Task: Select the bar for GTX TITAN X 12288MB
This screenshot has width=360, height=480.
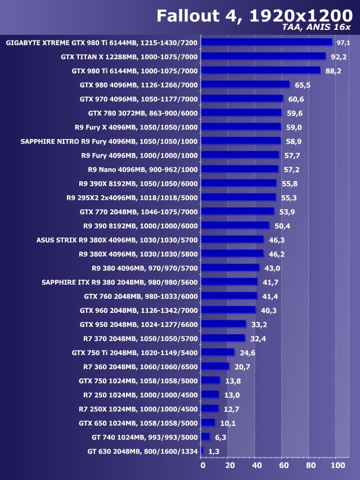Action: (263, 56)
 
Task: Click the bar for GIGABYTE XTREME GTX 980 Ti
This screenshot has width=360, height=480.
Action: (266, 42)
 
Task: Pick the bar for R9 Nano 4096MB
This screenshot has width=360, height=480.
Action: (239, 169)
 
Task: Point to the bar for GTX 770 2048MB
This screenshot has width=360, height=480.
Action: (237, 211)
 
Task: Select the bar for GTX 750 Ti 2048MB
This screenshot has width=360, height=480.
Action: (217, 352)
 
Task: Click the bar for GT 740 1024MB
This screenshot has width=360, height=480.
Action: (205, 437)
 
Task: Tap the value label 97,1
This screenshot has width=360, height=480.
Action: (343, 43)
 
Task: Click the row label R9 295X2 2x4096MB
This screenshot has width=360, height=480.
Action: (132, 198)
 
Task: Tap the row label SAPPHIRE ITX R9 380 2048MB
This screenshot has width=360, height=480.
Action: (120, 282)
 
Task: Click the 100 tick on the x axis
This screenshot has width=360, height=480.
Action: (337, 466)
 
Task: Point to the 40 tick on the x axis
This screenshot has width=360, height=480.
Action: (256, 466)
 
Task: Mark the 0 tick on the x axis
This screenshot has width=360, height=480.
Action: (202, 466)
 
